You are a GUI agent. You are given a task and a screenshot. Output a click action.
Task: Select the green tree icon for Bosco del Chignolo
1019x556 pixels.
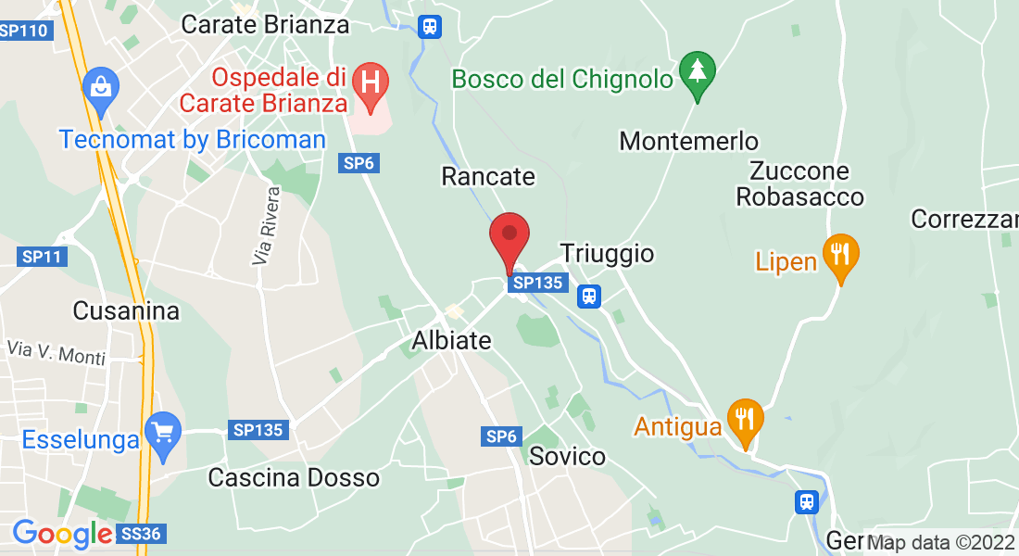click(x=697, y=72)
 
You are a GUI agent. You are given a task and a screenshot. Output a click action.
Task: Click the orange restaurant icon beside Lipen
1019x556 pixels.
click(x=840, y=253)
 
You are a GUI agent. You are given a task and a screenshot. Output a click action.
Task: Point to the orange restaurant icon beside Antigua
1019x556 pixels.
click(x=745, y=418)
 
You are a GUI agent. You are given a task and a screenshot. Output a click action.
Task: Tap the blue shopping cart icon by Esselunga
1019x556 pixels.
click(x=164, y=432)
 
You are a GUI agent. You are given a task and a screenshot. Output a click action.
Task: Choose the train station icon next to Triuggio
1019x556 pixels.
click(x=588, y=297)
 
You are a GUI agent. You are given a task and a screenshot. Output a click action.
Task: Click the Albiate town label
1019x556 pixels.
click(x=451, y=341)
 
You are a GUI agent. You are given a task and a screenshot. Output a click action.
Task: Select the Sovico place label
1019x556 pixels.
click(x=567, y=456)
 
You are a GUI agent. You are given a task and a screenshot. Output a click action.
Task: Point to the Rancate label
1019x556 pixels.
click(x=488, y=176)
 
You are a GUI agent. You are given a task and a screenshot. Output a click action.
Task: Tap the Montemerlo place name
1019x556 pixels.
click(x=688, y=142)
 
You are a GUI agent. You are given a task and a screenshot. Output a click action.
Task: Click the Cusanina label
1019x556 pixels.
click(x=126, y=311)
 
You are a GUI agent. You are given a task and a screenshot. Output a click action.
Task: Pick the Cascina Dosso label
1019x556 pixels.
click(x=294, y=478)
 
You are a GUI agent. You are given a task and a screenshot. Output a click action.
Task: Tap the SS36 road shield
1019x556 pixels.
click(x=142, y=534)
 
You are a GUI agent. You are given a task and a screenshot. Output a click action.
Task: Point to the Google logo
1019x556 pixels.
click(x=62, y=534)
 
